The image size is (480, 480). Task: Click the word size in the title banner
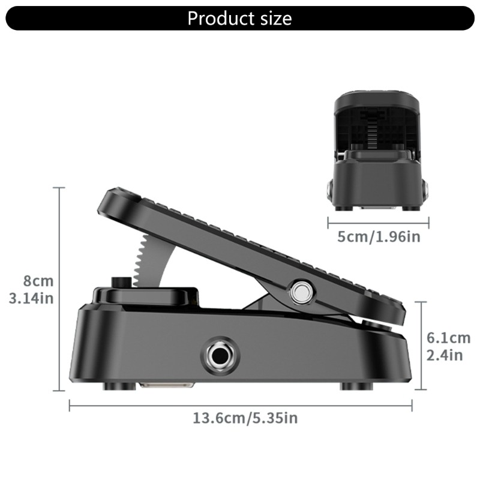(272, 18)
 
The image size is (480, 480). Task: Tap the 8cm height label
(38, 281)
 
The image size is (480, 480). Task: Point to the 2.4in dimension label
(444, 355)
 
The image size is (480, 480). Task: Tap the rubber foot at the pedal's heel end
(355, 386)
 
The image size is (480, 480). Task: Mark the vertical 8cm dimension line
(59, 288)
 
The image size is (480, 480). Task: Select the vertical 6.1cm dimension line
(423, 345)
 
